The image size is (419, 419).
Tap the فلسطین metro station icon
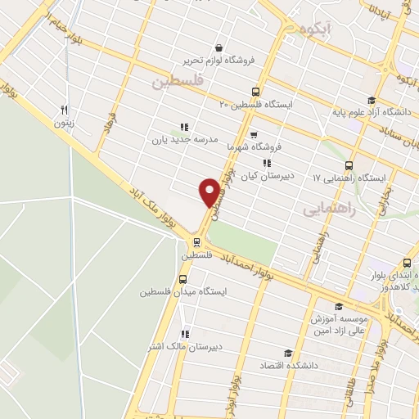[x=196, y=241]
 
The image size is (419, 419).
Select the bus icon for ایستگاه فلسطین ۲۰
[x=256, y=92]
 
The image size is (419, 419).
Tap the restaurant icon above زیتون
[x=64, y=110]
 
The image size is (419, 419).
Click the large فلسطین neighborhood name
[x=176, y=82]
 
